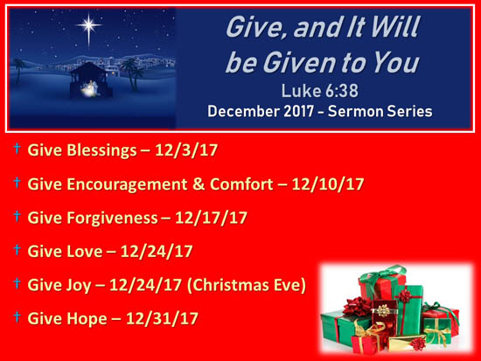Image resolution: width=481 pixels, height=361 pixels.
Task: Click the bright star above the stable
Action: point(88,25)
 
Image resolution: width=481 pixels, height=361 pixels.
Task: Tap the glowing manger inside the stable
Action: point(89,88)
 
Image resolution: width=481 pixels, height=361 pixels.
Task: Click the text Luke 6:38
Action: point(319,91)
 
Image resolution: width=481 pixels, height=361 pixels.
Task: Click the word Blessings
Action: point(101,150)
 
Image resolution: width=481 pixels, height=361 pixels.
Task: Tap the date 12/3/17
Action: point(186,150)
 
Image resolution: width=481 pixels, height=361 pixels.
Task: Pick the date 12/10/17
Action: point(328,184)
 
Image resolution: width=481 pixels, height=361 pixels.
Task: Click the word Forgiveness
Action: point(112,218)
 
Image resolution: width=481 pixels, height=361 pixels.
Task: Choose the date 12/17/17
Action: point(211,218)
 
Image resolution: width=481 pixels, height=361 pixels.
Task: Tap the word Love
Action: point(85,252)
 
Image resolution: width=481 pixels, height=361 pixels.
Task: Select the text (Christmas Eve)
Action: point(247,285)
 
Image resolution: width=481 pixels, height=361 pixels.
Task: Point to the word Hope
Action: point(87,319)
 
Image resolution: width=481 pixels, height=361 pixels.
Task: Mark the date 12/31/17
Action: point(162,318)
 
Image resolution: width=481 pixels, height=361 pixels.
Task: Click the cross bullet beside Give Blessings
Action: point(17,149)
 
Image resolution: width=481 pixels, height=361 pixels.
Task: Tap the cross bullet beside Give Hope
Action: point(17,316)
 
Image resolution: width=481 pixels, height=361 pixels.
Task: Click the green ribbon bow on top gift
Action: point(382,274)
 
